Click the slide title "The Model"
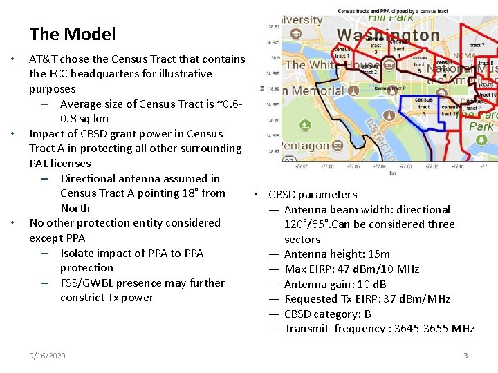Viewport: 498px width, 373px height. pos(73,34)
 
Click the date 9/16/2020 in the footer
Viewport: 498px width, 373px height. pos(48,355)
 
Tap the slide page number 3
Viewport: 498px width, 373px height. pos(465,355)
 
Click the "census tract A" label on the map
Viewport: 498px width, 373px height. pos(424,107)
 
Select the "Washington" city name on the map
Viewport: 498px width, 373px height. pos(387,35)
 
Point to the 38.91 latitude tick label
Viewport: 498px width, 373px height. pos(274,27)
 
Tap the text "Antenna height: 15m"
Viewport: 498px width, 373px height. pos(337,254)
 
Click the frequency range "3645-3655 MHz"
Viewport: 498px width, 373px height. pos(434,329)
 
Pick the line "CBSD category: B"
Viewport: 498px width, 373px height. pos(327,314)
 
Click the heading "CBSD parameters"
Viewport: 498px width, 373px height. pos(313,195)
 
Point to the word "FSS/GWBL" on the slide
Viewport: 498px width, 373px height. pos(85,283)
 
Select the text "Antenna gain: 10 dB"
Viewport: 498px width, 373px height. pos(335,284)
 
